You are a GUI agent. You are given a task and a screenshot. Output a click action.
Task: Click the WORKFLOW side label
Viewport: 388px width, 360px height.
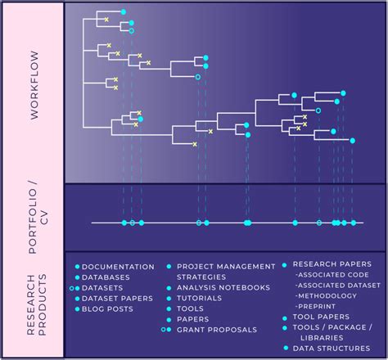[34, 92]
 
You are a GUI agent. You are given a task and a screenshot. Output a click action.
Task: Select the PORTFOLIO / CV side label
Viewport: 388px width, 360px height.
[34, 218]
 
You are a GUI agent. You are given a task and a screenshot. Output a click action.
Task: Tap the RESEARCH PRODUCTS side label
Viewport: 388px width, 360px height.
[34, 304]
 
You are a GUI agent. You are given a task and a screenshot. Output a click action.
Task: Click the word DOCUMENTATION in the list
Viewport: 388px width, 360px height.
[118, 267]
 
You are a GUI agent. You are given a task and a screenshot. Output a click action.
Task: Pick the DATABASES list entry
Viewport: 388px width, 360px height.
[106, 277]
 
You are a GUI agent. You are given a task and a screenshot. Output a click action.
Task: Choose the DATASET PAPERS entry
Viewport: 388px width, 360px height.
[117, 299]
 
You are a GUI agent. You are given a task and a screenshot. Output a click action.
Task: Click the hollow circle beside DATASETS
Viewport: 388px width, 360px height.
[72, 288]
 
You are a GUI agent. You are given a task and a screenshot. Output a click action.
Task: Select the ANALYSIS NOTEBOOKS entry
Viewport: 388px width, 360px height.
[223, 287]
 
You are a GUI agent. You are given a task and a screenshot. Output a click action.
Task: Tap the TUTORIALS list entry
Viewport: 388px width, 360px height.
[201, 298]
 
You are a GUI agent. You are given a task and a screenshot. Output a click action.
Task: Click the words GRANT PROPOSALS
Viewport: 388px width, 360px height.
[216, 330]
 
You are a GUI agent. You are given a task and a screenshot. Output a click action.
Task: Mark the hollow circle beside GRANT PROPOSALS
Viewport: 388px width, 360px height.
[163, 330]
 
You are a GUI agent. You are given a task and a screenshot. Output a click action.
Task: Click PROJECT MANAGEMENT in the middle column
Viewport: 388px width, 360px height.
[226, 266]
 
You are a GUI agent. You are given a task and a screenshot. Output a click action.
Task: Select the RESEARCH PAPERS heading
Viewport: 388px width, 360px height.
[332, 264]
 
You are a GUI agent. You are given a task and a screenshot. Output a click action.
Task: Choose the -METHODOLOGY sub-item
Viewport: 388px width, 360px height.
[328, 295]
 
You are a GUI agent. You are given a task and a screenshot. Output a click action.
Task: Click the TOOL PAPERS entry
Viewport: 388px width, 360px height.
[321, 317]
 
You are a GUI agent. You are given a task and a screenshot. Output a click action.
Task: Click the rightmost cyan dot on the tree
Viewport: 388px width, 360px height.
[353, 141]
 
